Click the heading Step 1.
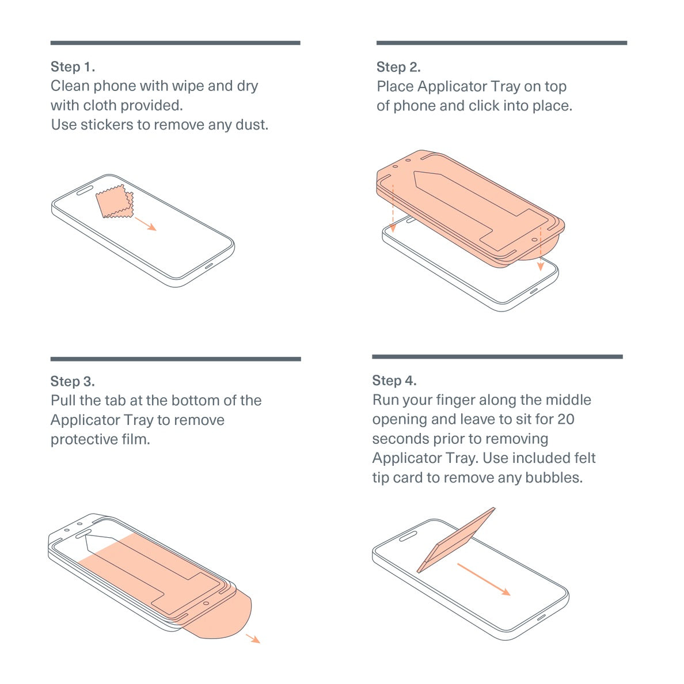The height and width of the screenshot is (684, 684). [73, 67]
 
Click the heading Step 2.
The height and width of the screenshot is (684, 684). [398, 67]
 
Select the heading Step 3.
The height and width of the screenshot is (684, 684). [73, 381]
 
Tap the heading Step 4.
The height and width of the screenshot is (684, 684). [394, 381]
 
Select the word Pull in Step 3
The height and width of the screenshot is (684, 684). [63, 401]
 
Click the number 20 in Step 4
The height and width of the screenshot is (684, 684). [566, 419]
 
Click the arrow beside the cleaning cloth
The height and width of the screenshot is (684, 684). [145, 224]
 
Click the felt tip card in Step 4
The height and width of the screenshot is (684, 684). [456, 540]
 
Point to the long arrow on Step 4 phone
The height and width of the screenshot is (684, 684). [484, 579]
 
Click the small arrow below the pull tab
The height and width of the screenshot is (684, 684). [253, 639]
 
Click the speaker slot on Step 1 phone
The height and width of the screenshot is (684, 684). [85, 190]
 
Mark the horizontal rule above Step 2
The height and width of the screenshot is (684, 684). [501, 43]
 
